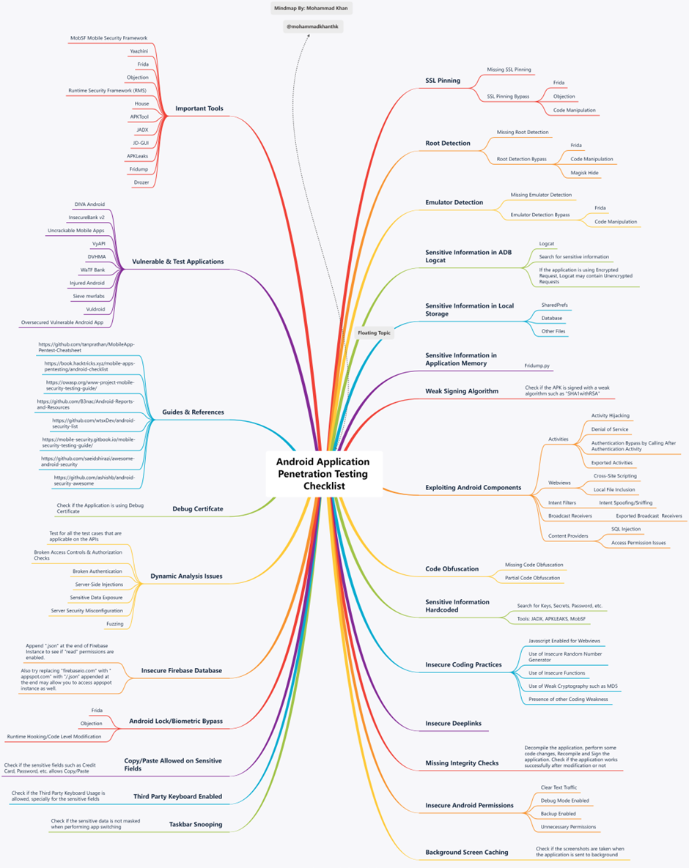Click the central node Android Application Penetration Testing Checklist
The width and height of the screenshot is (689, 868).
(x=323, y=474)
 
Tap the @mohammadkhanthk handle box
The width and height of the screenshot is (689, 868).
(x=312, y=26)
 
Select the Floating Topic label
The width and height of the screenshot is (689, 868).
(x=374, y=333)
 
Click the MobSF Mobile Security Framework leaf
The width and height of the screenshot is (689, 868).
(x=108, y=38)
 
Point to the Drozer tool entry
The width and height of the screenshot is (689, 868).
(x=141, y=182)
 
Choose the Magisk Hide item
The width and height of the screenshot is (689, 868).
(x=584, y=173)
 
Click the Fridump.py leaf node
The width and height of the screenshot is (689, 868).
(x=537, y=366)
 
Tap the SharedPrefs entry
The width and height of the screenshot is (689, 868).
(x=554, y=305)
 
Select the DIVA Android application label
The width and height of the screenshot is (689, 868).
(x=89, y=204)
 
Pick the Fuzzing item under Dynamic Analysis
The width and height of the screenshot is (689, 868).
(x=114, y=624)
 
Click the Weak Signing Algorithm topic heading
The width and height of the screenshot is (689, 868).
(x=462, y=391)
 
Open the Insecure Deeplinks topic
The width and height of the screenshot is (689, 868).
(x=453, y=723)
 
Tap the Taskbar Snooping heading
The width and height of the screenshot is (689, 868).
(x=196, y=824)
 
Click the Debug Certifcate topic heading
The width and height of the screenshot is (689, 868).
(x=198, y=509)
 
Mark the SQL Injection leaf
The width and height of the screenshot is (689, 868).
(x=626, y=529)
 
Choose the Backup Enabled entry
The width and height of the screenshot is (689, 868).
(x=559, y=814)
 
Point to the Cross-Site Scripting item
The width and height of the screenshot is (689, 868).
(x=615, y=476)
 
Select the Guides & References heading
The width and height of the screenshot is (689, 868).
(x=193, y=412)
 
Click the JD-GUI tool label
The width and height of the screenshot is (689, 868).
(x=141, y=143)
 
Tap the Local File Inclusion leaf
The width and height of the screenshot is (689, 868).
(x=614, y=489)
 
